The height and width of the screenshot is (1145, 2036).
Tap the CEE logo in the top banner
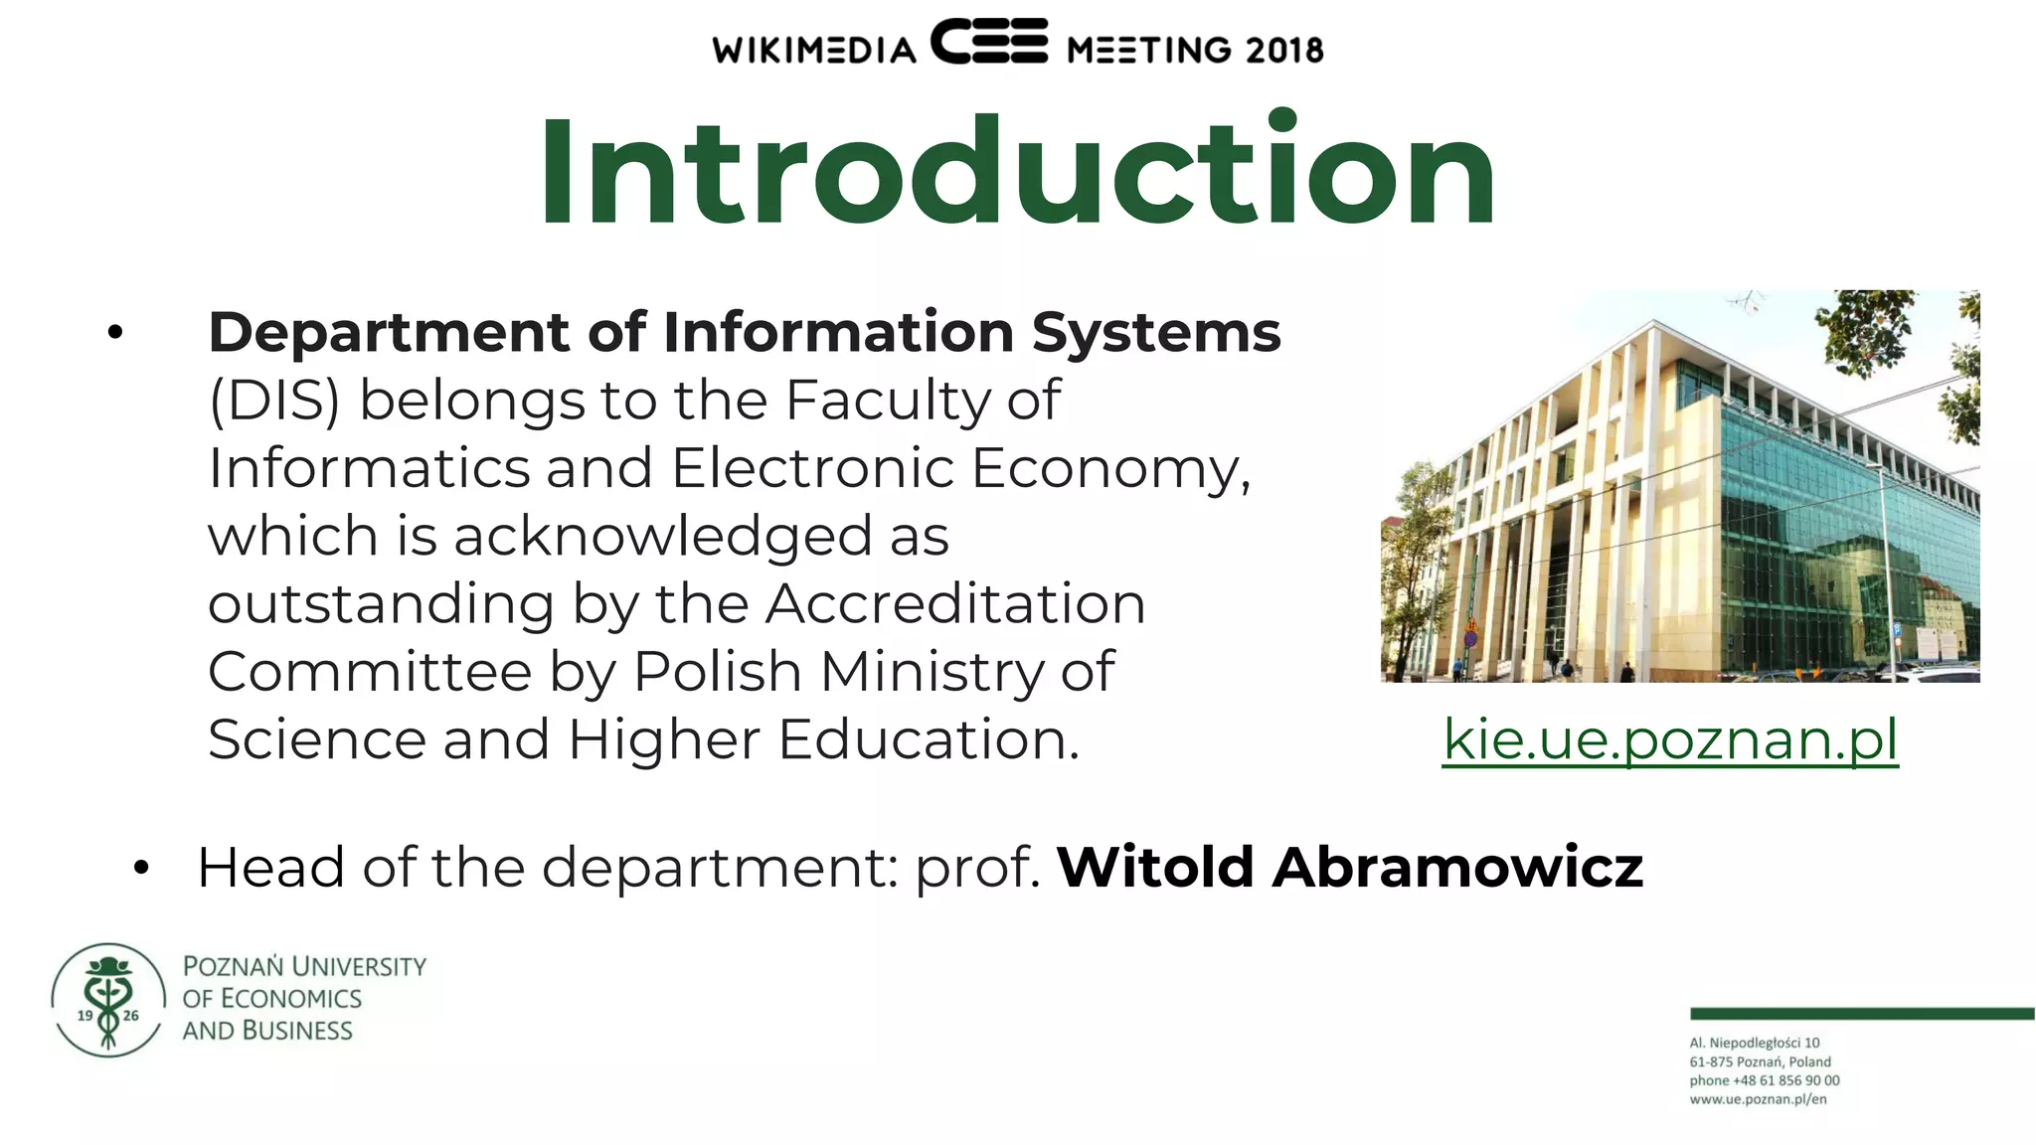(x=989, y=42)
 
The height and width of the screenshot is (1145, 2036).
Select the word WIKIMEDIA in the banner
(x=814, y=50)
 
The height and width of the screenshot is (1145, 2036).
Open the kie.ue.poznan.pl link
(x=1670, y=739)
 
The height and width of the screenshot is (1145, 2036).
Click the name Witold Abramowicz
(x=1349, y=867)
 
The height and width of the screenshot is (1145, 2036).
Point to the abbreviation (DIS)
(x=274, y=401)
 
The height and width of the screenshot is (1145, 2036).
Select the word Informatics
(x=369, y=468)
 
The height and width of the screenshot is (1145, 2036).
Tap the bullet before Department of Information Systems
(x=115, y=333)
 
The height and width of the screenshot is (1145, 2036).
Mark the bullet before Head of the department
(x=141, y=869)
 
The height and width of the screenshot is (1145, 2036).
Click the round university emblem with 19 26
(x=108, y=999)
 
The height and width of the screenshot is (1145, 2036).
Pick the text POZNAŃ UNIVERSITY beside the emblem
(x=304, y=966)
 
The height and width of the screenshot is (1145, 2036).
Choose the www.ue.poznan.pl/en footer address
(x=1758, y=1099)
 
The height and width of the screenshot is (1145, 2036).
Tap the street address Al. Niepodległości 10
(x=1755, y=1043)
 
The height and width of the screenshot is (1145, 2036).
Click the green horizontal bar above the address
(x=1861, y=1014)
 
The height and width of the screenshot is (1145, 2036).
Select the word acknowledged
(x=662, y=537)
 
